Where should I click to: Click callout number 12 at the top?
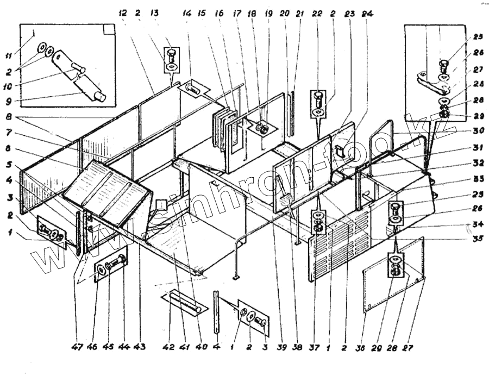124,12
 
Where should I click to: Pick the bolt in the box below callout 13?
170,57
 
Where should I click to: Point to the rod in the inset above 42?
184,302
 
